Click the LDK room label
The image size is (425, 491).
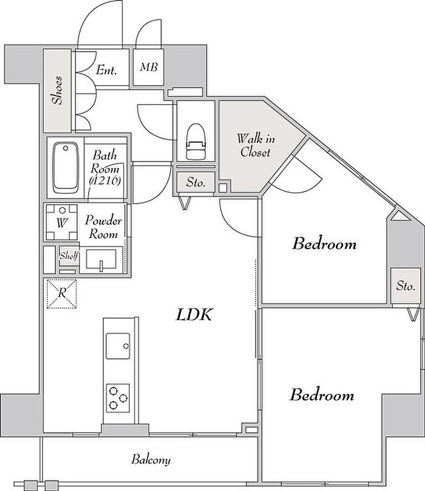(x=194, y=314)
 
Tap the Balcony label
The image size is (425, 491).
(x=151, y=459)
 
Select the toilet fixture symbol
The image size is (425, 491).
(x=195, y=141)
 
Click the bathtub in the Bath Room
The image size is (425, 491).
(x=65, y=168)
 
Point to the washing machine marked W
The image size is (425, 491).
(x=62, y=222)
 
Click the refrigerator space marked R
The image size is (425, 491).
(x=62, y=294)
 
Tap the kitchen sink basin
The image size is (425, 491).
(x=118, y=346)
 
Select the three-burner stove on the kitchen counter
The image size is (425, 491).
(x=118, y=398)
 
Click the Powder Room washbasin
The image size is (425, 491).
(x=101, y=259)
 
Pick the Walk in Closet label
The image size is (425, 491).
(x=256, y=145)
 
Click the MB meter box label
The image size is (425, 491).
(x=149, y=67)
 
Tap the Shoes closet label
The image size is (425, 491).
(x=58, y=90)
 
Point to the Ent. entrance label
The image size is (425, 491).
(x=106, y=69)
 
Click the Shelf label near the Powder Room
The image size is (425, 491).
(x=69, y=256)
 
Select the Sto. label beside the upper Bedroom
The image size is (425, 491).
(x=406, y=286)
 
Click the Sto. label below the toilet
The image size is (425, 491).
(x=195, y=182)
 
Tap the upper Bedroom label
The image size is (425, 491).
(x=324, y=244)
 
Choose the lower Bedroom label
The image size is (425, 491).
(x=322, y=394)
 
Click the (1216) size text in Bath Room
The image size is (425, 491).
(x=105, y=180)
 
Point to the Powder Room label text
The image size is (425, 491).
(x=103, y=227)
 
